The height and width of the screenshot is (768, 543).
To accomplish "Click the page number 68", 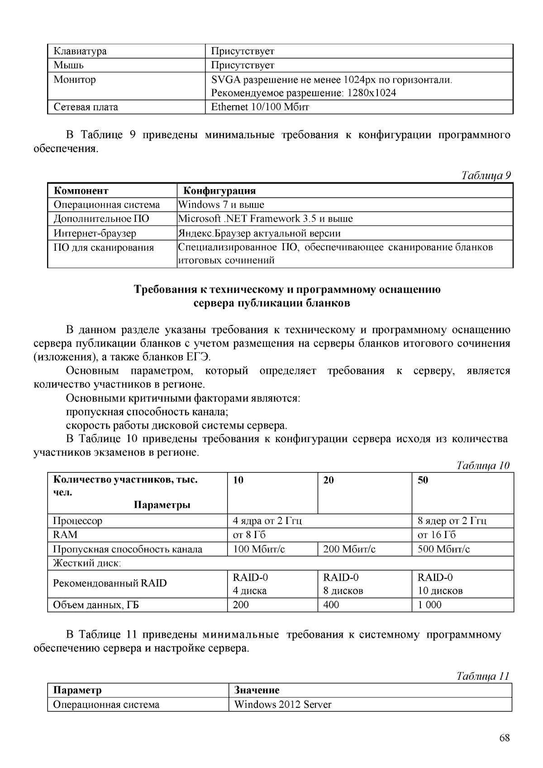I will (505, 738).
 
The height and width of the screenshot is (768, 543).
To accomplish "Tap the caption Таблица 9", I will (486, 176).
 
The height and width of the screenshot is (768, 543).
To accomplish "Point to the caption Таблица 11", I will (483, 676).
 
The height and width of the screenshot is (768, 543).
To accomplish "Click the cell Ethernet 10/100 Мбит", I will (260, 107).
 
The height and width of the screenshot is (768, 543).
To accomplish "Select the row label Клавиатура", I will (80, 51).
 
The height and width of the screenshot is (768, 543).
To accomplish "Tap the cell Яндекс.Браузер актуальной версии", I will (259, 234).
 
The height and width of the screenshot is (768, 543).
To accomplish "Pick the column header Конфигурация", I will (219, 191).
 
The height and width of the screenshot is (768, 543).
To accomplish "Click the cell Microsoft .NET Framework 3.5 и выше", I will (265, 219).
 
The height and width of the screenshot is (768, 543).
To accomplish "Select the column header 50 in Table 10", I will (423, 480).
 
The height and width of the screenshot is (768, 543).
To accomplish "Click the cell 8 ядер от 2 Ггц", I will (452, 521).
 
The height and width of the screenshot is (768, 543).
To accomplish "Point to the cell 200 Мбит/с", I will (349, 549).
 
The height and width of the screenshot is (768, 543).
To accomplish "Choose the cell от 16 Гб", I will (436, 535).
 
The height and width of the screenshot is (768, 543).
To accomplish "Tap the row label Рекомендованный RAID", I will (110, 583).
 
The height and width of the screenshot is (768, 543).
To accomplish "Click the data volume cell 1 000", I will (429, 605).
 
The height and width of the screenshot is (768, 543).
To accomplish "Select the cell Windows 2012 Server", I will (283, 705).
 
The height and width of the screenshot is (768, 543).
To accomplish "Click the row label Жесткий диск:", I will (87, 563).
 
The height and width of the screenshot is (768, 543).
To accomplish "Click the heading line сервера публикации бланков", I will (271, 303).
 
